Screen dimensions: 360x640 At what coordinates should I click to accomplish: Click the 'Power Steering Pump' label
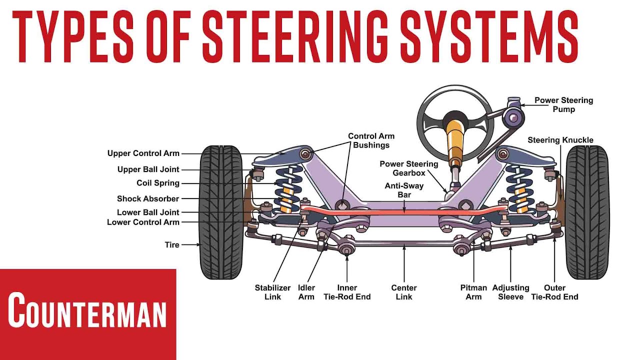(563, 104)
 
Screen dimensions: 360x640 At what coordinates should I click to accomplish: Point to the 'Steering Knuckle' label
(560, 140)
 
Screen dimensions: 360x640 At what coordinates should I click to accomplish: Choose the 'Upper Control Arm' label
(143, 153)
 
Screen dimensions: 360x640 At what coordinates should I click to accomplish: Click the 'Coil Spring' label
(157, 183)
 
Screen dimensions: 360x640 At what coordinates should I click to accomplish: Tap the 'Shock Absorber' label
(147, 198)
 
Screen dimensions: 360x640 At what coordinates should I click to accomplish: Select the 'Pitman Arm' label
(473, 292)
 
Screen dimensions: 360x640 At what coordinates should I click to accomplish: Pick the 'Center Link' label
(403, 292)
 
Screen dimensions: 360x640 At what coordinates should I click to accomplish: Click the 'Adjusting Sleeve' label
(510, 292)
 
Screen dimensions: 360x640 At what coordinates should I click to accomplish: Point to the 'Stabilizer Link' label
(272, 292)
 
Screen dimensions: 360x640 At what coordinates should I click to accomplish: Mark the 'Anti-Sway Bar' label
(404, 189)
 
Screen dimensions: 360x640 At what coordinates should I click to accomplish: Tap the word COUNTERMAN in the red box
(87, 310)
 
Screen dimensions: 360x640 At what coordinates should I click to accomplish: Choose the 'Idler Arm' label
(306, 292)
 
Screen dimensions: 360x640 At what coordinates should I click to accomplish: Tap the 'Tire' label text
(172, 245)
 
